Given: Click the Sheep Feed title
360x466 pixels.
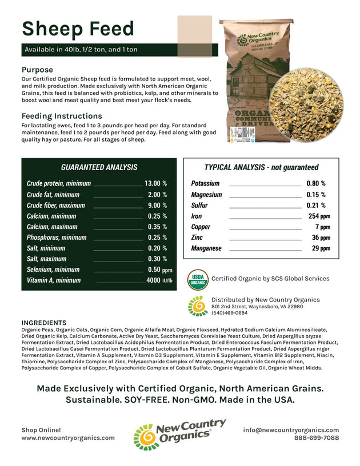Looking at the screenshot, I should coord(78,29).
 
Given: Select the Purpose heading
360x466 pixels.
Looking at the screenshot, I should coord(38,70).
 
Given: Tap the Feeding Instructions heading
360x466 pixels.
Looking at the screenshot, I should coord(61,115).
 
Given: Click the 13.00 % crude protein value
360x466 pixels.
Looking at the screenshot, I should coord(155,184).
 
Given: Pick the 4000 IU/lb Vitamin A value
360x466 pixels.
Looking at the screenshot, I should coord(159,280).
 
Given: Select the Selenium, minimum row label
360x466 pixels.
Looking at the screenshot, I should coord(53,270).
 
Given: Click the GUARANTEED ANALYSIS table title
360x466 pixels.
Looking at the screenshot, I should coord(99,167).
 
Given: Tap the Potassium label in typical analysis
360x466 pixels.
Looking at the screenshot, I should coord(205,184).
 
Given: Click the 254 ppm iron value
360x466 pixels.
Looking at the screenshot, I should coord(319,216).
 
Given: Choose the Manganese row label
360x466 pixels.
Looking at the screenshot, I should coord(206,248).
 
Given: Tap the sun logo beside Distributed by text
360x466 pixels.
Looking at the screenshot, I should coord(198,306).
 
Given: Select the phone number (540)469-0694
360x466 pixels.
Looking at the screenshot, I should coord(229,313).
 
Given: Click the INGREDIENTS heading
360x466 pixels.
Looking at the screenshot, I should coord(43,323).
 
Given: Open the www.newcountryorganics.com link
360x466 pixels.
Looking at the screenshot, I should coord(68,438).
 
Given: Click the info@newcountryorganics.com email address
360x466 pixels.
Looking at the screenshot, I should coord(290,430).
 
